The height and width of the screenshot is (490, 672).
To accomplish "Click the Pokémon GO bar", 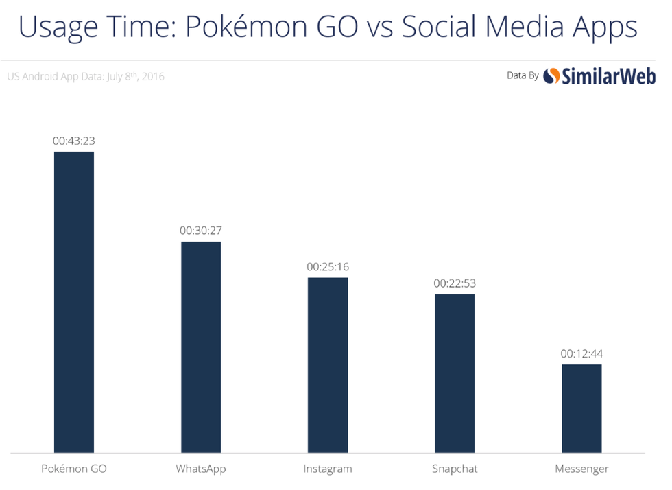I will pos(74,302).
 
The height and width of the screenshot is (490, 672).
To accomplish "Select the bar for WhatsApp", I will pos(201,347).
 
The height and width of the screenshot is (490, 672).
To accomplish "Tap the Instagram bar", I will pos(328,364).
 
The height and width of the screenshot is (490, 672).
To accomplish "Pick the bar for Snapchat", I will pos(454,373).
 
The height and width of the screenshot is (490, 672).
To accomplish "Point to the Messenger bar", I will pos(581,408).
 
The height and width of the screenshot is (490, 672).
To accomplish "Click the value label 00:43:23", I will pos(74,141).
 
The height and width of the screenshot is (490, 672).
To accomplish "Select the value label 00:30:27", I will pos(201,231).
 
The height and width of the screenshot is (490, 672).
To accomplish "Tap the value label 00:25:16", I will pos(328,266).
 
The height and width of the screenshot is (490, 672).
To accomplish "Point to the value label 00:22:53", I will pos(454,283).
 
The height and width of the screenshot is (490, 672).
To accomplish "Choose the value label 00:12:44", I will pos(581,353).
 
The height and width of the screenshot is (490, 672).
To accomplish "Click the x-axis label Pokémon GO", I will pos(74,469).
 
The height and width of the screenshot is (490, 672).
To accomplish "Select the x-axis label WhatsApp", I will pos(201,469).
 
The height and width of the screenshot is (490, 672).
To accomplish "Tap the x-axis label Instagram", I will pos(328,469).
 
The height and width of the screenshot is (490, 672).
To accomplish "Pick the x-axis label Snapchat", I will pos(454,469).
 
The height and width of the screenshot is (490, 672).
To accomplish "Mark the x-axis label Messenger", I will pos(581,469).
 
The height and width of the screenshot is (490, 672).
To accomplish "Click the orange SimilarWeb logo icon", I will pos(551,76).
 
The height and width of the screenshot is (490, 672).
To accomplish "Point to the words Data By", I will pos(523,75).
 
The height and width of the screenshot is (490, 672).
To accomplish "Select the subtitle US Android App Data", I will pos(86,76).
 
